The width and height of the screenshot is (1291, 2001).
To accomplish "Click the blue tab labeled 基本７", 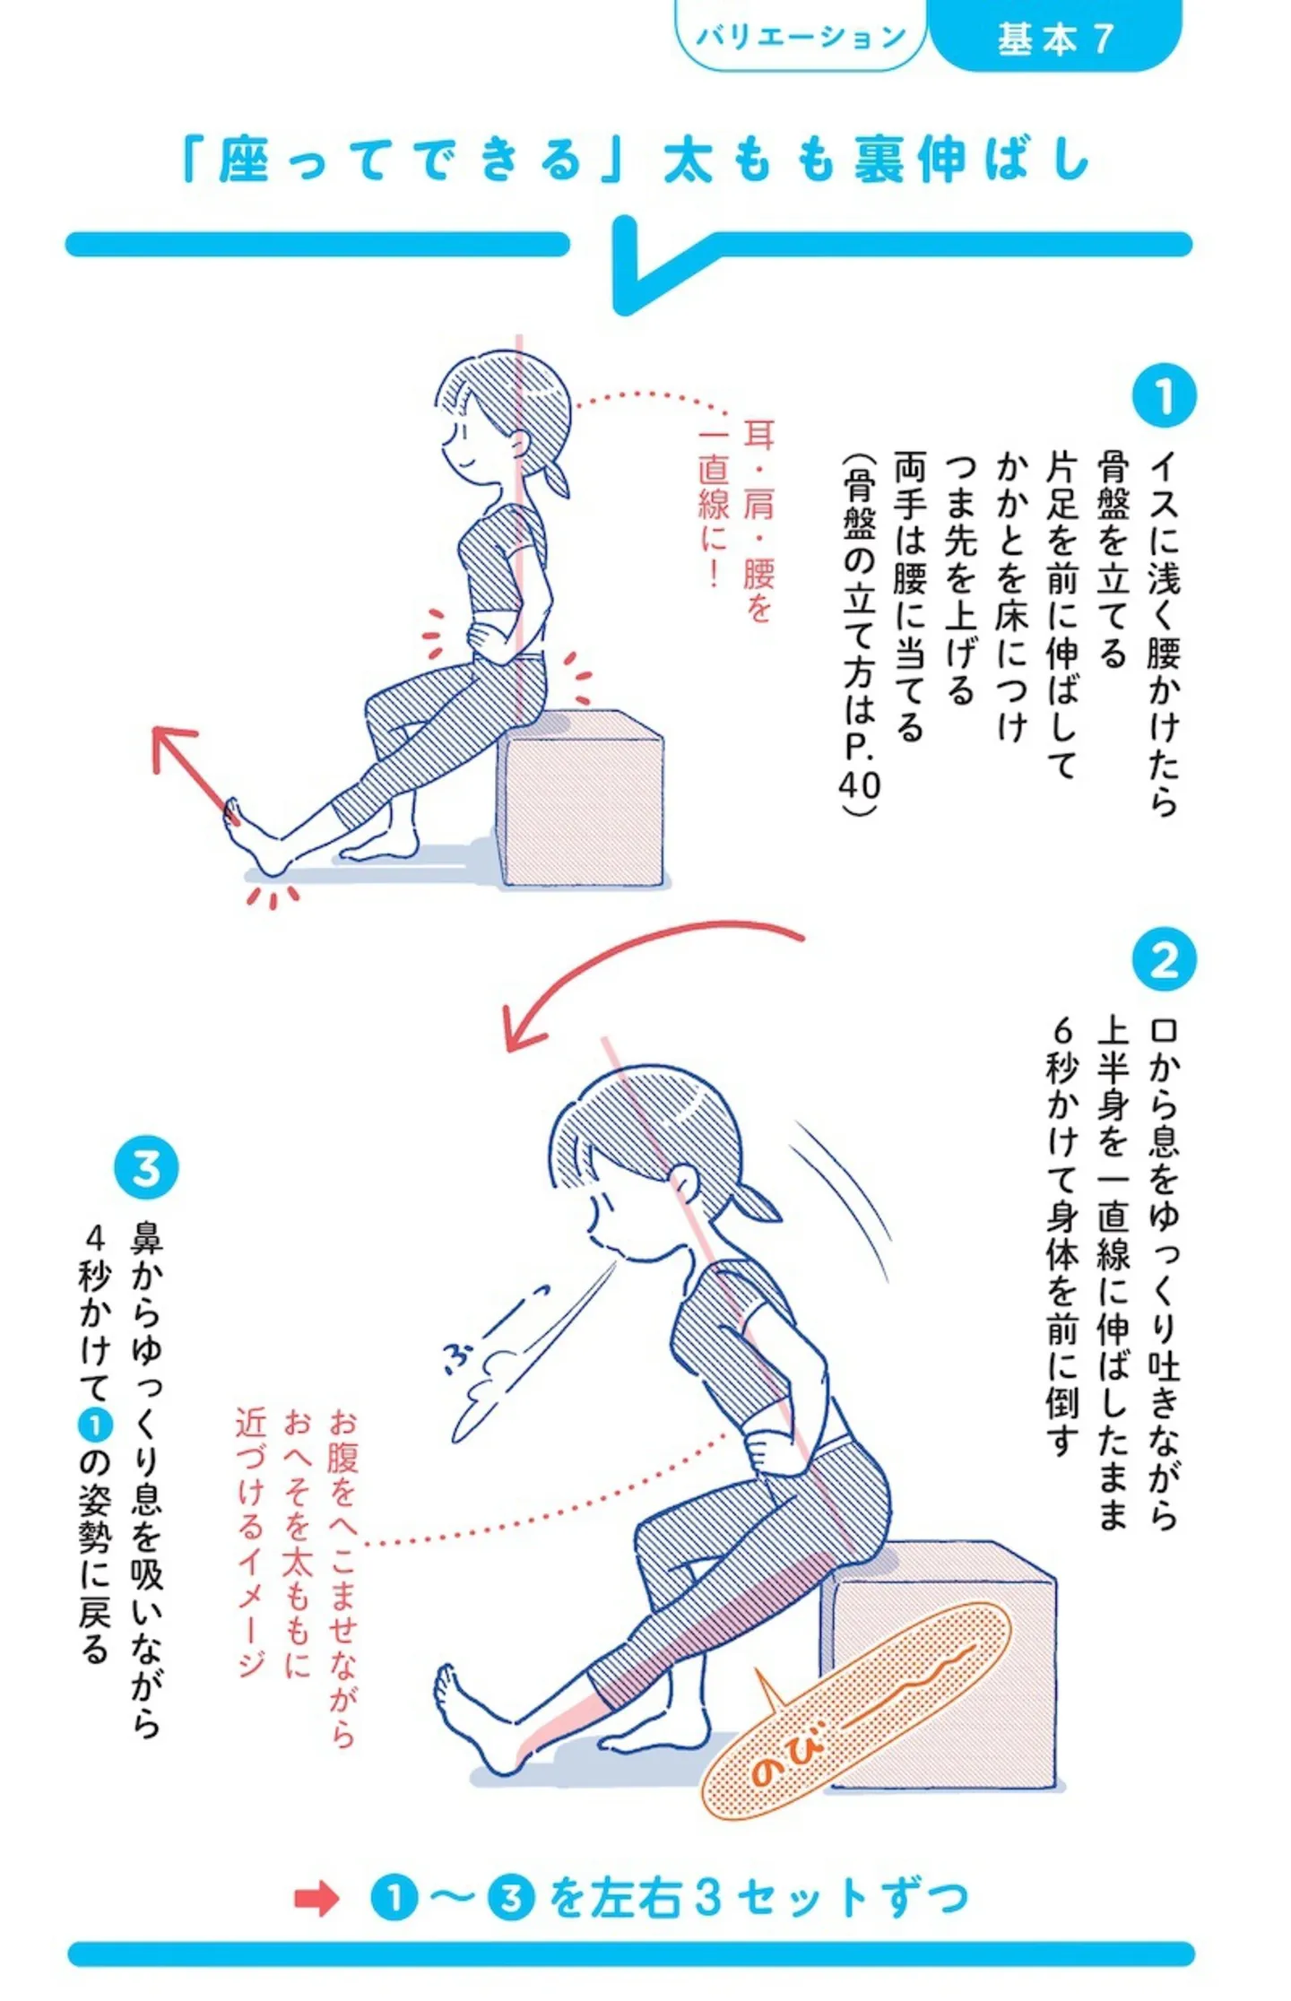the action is coord(1055,36).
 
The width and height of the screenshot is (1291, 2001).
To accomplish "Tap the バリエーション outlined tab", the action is coord(801,36).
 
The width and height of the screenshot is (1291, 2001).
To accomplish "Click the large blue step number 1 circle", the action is coord(1164,395).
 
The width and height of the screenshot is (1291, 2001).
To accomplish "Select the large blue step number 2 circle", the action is coord(1164,959).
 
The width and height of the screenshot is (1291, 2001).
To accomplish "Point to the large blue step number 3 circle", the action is coord(146,1168).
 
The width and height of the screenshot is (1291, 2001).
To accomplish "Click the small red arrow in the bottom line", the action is coord(316,1898).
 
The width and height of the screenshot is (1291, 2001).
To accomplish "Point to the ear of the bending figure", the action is coord(683,1179).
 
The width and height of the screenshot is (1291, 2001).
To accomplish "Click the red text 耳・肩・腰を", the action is coord(758,521).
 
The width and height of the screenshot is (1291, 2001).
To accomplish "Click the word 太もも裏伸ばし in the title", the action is coord(877,160).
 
